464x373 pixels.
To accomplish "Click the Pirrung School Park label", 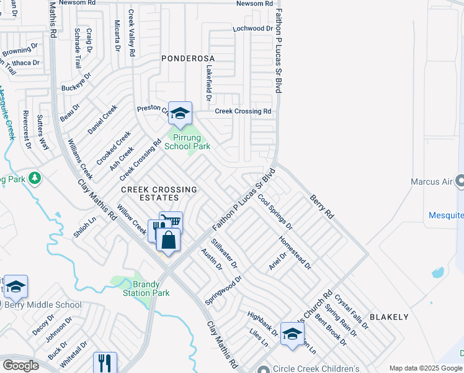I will [x=187, y=142].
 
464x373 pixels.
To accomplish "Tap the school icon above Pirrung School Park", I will [x=180, y=113].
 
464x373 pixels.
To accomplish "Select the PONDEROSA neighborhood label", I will [x=187, y=58].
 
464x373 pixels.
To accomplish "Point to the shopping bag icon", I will [x=167, y=240].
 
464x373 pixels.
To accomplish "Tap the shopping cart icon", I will [x=172, y=221].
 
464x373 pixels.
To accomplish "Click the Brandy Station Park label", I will [x=146, y=288].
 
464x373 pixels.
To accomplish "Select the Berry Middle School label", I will [x=43, y=305].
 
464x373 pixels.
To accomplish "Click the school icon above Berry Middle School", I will [x=16, y=287].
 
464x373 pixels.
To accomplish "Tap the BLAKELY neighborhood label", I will [x=389, y=317].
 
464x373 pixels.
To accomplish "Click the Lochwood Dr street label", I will [x=252, y=29].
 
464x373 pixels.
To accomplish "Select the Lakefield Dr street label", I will [x=209, y=83].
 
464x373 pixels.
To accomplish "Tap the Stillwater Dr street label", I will [x=224, y=253].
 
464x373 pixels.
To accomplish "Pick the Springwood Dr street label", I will [x=223, y=290].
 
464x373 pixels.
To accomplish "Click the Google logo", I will [x=20, y=366].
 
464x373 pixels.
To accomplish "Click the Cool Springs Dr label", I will [x=275, y=211].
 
